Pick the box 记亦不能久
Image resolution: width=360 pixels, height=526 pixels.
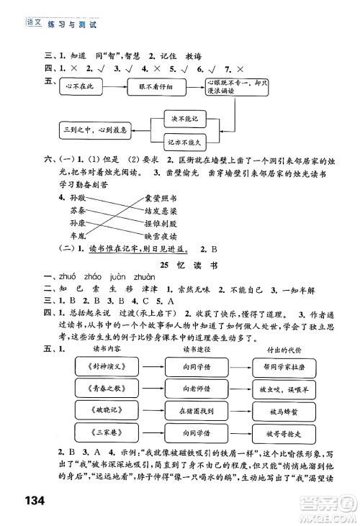[184, 143]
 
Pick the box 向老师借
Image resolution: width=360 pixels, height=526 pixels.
[192, 389]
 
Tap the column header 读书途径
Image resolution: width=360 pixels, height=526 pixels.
[192, 349]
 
